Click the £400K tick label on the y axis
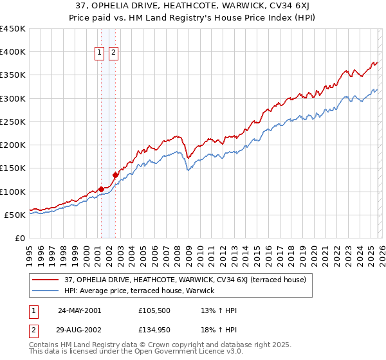coord(12,52)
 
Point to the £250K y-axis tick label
coord(12,122)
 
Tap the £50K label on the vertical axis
coord(15,215)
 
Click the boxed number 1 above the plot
coord(101,53)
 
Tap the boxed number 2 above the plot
coord(113,53)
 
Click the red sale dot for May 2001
coord(101,189)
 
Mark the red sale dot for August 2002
coord(115,175)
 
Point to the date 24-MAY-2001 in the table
coord(79,310)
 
